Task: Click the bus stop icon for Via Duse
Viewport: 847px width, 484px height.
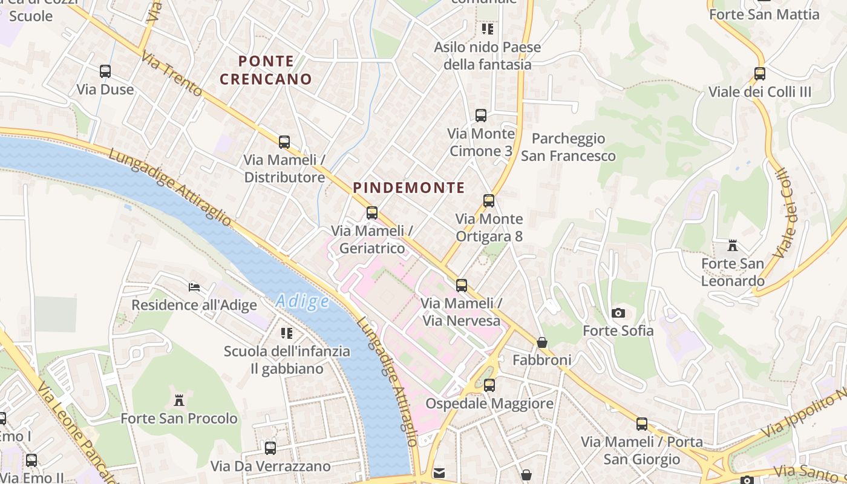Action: tap(105, 71)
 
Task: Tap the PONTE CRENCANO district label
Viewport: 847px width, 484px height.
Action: tap(266, 70)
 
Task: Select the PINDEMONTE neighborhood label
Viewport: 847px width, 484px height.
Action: tap(409, 188)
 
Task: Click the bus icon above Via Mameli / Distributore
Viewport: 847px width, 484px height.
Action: tap(284, 142)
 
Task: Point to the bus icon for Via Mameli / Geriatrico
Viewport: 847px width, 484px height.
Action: tap(372, 213)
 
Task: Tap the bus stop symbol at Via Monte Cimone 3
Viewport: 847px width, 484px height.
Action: tap(481, 116)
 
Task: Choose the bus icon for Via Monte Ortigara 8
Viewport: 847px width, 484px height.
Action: tap(489, 201)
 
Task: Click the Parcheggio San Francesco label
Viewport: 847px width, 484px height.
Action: tap(568, 147)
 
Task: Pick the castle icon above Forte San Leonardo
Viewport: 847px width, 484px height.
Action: tap(733, 246)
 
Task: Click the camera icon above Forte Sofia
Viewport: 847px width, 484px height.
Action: tap(618, 313)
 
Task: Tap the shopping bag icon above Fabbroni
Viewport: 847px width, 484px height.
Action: tap(542, 342)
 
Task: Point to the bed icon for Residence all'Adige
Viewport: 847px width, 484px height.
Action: tap(194, 287)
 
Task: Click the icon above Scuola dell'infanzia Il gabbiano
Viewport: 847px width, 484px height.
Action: tap(287, 333)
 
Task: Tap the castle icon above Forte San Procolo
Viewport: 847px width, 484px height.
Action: tap(179, 401)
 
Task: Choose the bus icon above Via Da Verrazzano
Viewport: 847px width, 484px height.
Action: tap(270, 448)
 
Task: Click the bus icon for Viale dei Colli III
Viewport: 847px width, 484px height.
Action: tap(760, 74)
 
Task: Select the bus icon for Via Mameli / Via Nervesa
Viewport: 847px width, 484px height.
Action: tap(462, 286)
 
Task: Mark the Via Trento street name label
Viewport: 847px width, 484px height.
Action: tap(172, 74)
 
